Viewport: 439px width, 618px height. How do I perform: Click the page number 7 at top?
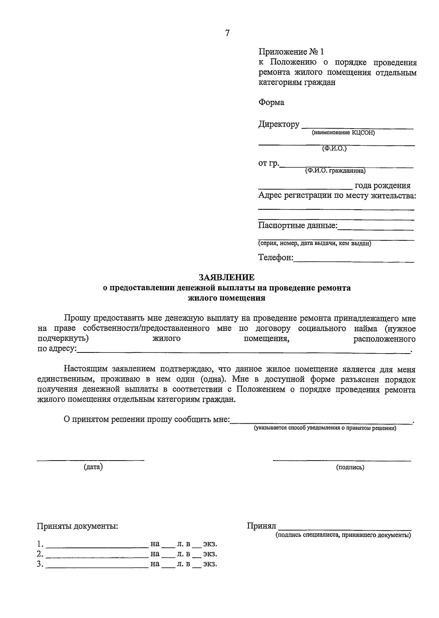click(227, 33)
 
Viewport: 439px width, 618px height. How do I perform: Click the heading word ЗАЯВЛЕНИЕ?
click(226, 278)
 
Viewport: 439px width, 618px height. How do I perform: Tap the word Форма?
click(271, 102)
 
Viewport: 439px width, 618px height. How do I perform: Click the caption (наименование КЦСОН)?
click(343, 133)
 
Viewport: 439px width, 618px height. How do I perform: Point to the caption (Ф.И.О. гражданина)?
click(335, 171)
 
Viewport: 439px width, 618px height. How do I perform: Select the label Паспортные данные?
click(298, 226)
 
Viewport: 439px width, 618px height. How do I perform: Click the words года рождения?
click(382, 186)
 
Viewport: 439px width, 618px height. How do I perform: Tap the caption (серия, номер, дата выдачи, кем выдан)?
click(315, 244)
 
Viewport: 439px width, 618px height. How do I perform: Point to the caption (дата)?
click(93, 467)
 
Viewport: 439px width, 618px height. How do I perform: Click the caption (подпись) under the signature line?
click(350, 467)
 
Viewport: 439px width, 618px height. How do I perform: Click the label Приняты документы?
click(78, 526)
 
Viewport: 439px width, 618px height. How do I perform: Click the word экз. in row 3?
click(210, 564)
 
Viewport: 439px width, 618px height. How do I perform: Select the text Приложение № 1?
click(291, 52)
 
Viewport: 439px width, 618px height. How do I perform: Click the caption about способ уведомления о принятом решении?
click(325, 428)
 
